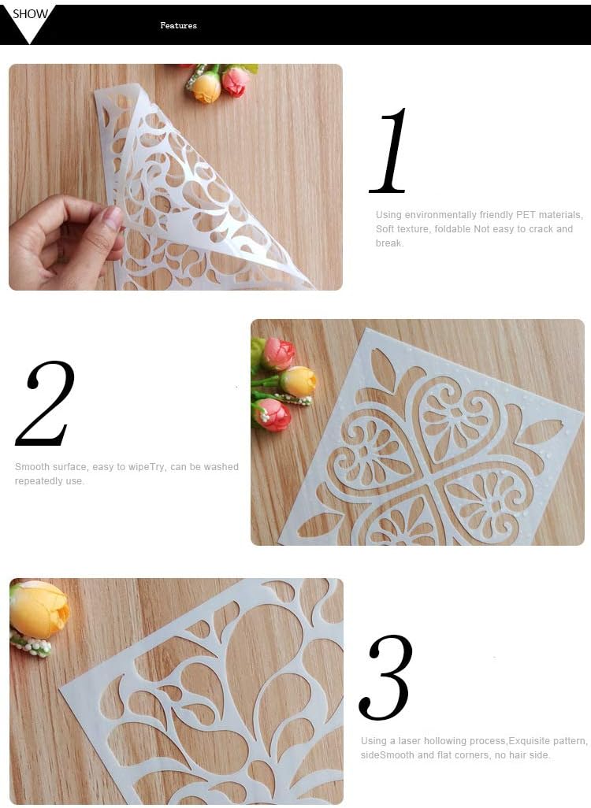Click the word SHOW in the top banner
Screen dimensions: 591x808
tap(30, 14)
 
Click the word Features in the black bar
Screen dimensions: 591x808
tap(178, 25)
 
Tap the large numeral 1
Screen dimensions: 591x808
tap(389, 150)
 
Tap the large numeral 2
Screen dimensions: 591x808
tap(46, 403)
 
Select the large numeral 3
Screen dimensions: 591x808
tap(386, 677)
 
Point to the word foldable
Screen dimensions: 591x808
tap(453, 229)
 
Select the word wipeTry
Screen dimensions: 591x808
tap(147, 467)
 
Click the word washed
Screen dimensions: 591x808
tap(221, 467)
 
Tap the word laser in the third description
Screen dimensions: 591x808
tap(410, 740)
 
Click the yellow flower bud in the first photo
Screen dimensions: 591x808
tap(206, 87)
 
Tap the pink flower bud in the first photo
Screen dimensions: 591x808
tap(236, 81)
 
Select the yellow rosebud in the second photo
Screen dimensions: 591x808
tap(298, 381)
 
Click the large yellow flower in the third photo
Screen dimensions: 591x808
tap(39, 609)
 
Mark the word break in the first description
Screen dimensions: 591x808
tap(388, 243)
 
